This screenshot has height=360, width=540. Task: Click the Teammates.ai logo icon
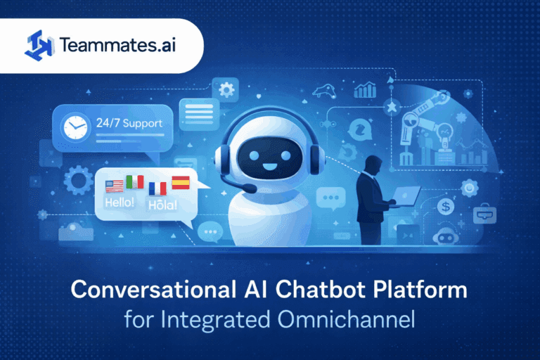(39, 45)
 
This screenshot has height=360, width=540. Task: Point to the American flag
(114, 186)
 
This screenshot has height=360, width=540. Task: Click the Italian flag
(134, 181)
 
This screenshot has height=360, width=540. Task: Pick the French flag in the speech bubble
(158, 188)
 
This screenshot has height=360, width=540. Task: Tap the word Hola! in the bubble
(163, 205)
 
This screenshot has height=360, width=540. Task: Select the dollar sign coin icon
(444, 207)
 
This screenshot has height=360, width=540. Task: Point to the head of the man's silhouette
(373, 160)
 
